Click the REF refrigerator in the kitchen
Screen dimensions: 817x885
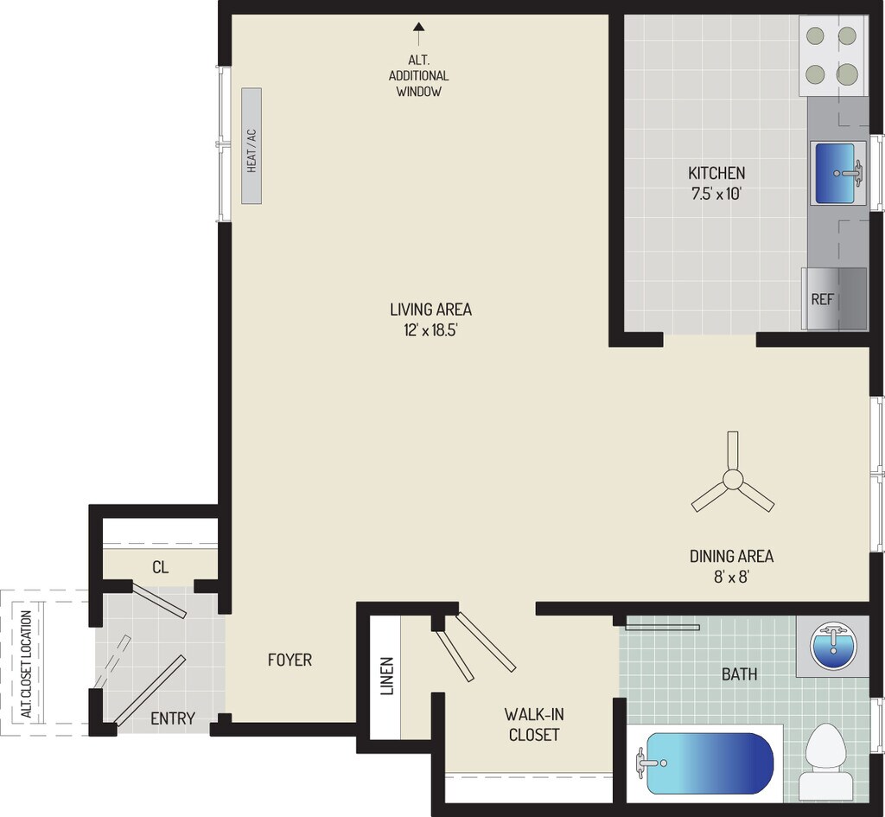pos(834,299)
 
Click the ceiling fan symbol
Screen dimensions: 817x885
pos(733,481)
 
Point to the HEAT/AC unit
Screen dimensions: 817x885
pos(252,146)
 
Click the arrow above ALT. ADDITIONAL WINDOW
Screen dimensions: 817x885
pos(419,33)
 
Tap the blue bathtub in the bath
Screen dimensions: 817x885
pos(710,763)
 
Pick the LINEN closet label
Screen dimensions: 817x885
pos(386,676)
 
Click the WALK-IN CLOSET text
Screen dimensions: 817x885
pos(533,724)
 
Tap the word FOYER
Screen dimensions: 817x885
pos(290,660)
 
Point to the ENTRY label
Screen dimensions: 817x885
pos(173,718)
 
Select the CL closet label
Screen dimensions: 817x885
pos(160,567)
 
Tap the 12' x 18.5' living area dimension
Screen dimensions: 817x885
pos(430,329)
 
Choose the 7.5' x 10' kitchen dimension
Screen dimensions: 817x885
pos(716,194)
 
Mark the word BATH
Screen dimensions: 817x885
pos(740,673)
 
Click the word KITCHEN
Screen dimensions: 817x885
pos(716,172)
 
